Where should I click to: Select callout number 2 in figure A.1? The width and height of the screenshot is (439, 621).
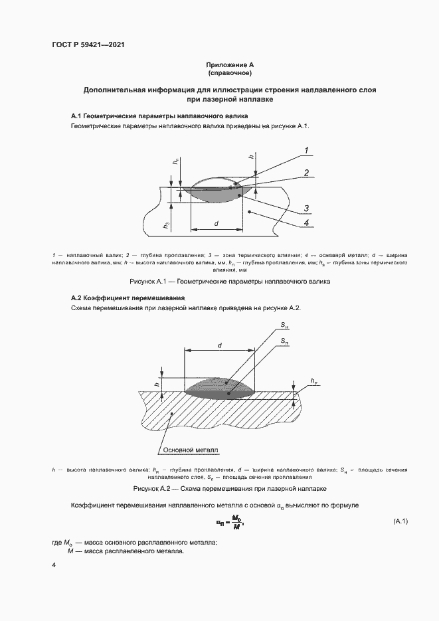click(x=307, y=173)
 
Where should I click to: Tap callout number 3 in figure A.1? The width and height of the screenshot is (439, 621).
click(x=307, y=209)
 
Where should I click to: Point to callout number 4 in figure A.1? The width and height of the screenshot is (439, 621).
click(x=306, y=224)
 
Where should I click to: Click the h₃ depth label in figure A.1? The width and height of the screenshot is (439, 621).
click(x=167, y=226)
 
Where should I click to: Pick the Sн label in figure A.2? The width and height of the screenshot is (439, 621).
click(x=285, y=325)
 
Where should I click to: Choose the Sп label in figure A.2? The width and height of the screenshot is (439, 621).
click(x=284, y=340)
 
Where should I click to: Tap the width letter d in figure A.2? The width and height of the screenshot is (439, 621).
click(x=219, y=345)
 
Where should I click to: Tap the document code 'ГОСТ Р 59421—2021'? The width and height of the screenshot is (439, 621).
click(x=89, y=45)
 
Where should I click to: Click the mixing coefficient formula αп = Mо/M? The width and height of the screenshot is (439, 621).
click(x=230, y=521)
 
